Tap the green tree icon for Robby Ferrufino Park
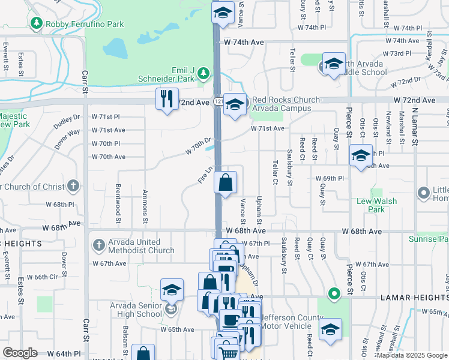35,23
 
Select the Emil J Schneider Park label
174,74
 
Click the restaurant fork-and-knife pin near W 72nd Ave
167,98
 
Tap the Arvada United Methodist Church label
142,246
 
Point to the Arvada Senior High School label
136,310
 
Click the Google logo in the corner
20,353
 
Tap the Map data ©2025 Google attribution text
412,355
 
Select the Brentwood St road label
118,205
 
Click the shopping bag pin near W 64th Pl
142,353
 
